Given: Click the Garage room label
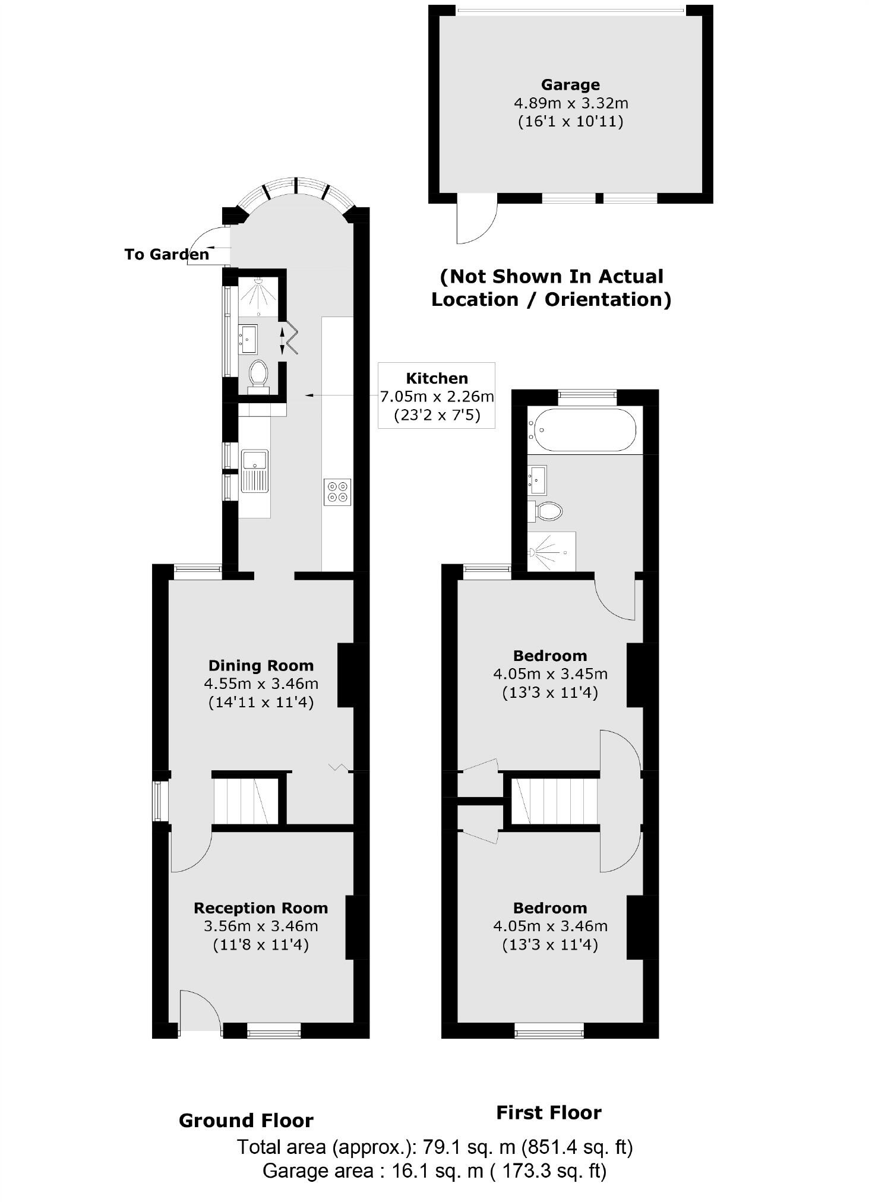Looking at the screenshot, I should pyautogui.click(x=570, y=85).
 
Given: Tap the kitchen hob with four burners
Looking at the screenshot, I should pyautogui.click(x=337, y=492).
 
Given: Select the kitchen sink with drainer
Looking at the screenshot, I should pyautogui.click(x=255, y=471).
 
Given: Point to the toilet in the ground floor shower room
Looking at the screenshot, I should pyautogui.click(x=258, y=374).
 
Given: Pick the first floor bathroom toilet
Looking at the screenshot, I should pyautogui.click(x=547, y=510).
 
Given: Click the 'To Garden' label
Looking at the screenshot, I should pyautogui.click(x=167, y=254).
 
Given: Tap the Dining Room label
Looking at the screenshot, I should pyautogui.click(x=261, y=665).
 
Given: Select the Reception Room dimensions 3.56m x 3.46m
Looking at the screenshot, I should pyautogui.click(x=261, y=925).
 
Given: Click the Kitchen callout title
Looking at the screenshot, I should pyautogui.click(x=437, y=378).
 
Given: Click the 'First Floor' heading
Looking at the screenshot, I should pyautogui.click(x=548, y=1112).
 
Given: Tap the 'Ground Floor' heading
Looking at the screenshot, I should pyautogui.click(x=246, y=1121).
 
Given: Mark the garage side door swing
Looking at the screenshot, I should pyautogui.click(x=475, y=221).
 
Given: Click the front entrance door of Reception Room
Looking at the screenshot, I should pyautogui.click(x=199, y=1009).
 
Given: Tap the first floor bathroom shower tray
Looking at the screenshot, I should pyautogui.click(x=552, y=552).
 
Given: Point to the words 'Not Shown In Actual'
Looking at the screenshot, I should pyautogui.click(x=552, y=277).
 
